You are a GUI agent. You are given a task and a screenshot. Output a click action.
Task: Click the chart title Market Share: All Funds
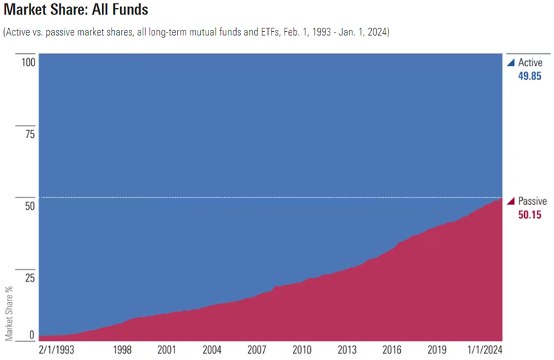pos(77,11)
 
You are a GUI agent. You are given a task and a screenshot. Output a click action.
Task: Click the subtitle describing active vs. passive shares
pos(197,33)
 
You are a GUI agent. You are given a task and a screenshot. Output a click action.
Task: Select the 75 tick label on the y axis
pos(29,134)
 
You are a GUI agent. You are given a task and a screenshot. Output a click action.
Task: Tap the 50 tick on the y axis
pos(29,206)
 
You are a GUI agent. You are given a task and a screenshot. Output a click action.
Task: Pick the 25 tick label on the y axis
pos(29,278)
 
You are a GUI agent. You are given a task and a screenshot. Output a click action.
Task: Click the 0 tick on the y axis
pos(31,335)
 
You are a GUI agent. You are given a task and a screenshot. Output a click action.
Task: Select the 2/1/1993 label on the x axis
pos(57,350)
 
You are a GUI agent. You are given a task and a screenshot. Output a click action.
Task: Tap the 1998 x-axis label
pos(123,350)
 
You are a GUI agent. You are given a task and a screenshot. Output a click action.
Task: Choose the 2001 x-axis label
pos(167,350)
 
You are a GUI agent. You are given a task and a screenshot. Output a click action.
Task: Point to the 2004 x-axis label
pos(211,350)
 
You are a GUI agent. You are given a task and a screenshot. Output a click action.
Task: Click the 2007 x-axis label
pos(257,350)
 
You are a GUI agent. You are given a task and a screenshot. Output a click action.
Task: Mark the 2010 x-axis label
pos(302,350)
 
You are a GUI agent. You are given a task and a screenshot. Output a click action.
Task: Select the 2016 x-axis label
pos(392,350)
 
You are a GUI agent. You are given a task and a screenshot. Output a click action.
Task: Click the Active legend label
pos(530,62)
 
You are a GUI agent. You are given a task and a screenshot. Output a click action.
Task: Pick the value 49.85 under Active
pos(530,75)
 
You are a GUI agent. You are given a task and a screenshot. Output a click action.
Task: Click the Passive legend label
pos(532,201)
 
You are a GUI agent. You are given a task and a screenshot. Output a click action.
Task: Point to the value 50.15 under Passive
pos(530,215)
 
